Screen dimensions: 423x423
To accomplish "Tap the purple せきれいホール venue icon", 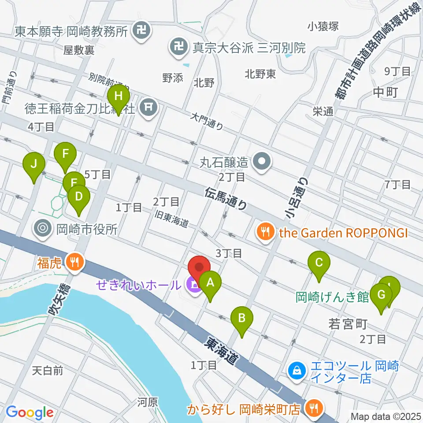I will pyautogui.click(x=193, y=285).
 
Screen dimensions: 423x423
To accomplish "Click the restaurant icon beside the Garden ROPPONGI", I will pyautogui.click(x=265, y=232).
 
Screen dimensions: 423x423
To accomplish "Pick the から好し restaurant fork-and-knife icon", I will pyautogui.click(x=314, y=409).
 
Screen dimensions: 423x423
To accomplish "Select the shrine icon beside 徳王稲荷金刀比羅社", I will pyautogui.click(x=149, y=106).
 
